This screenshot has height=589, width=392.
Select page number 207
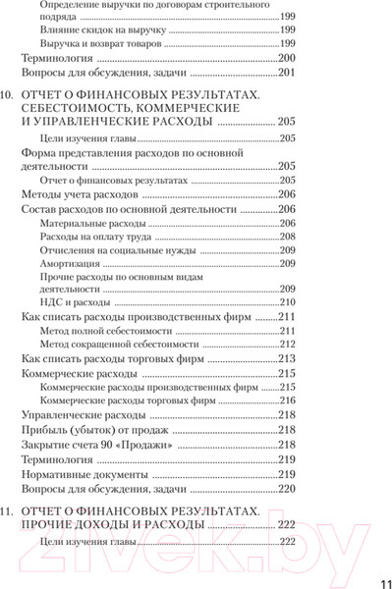coord(287,223)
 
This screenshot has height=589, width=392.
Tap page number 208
coord(287,237)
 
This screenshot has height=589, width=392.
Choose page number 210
coord(287,303)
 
